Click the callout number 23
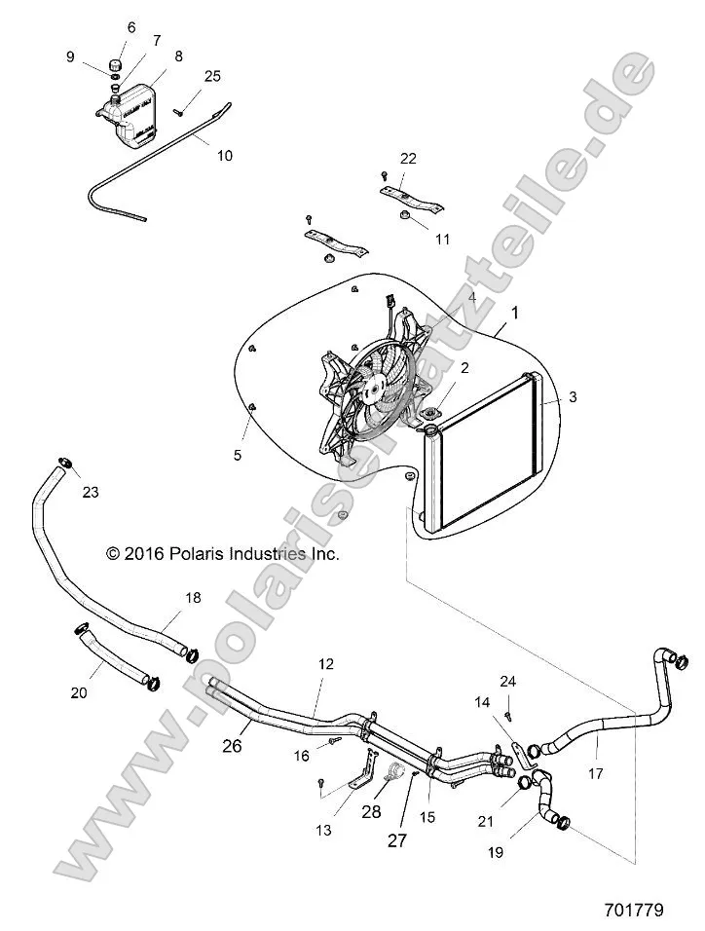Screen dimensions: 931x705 [x=91, y=493]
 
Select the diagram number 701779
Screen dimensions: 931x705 [x=633, y=911]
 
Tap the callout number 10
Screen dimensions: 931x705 [x=224, y=154]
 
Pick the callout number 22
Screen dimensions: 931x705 [x=408, y=159]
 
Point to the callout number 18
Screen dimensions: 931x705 [x=193, y=597]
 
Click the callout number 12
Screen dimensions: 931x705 [x=325, y=663]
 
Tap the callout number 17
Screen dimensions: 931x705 [x=596, y=774]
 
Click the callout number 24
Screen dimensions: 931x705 [x=507, y=680]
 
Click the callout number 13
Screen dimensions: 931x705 [x=323, y=830]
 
